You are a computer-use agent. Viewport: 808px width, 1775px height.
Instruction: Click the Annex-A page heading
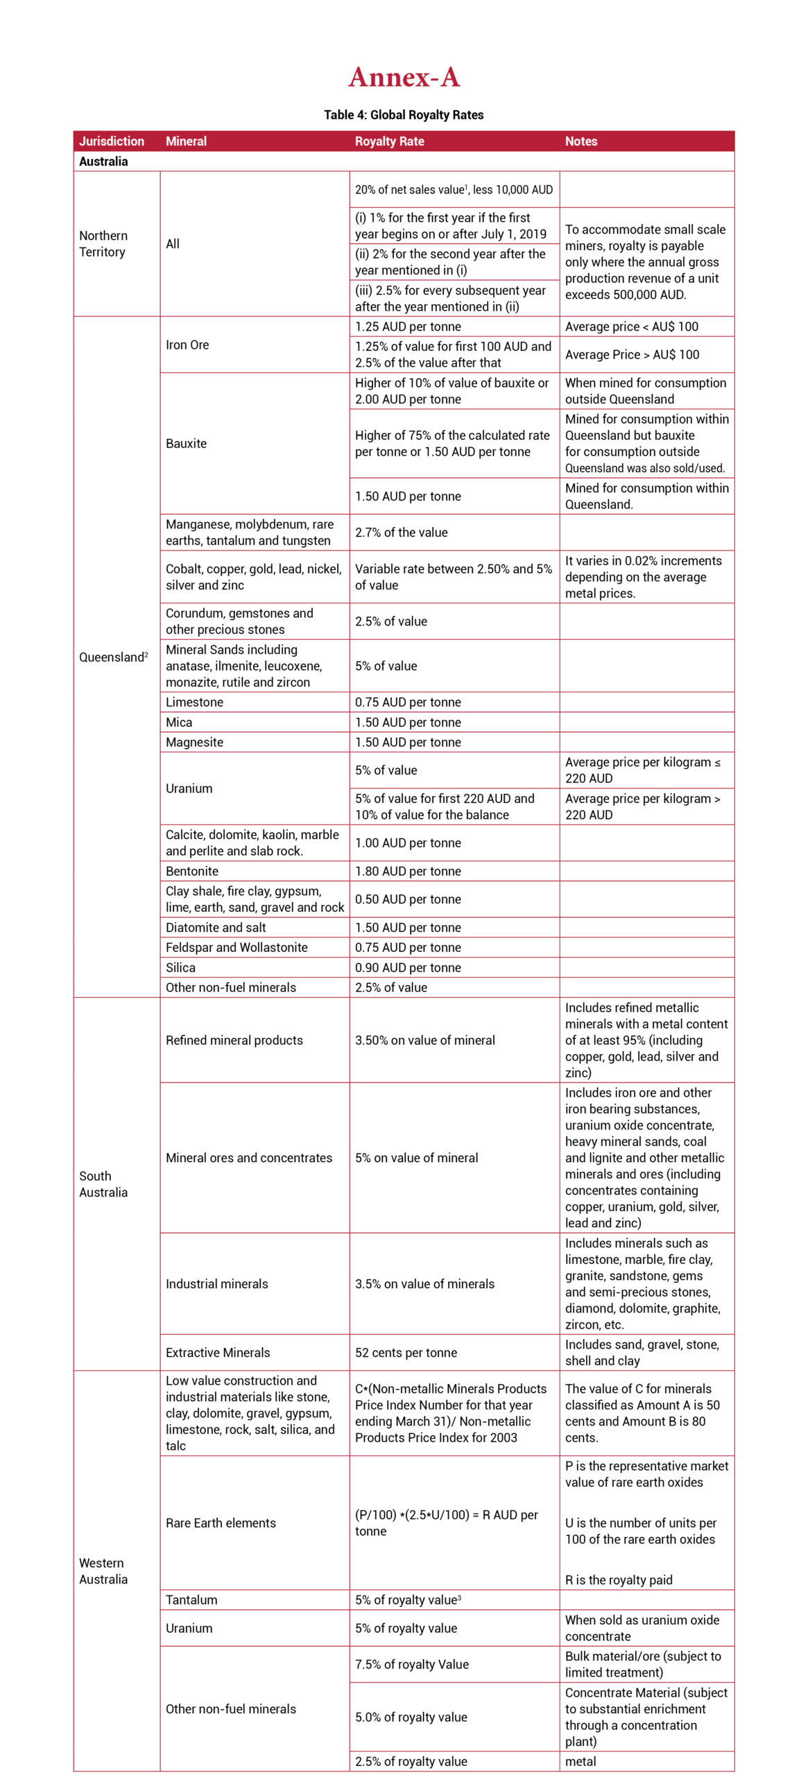pos(404,77)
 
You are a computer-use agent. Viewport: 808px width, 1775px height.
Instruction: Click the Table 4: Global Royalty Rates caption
pos(404,115)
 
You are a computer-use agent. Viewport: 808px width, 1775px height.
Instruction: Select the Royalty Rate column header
pos(389,141)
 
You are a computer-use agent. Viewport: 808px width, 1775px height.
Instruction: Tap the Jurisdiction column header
pos(112,141)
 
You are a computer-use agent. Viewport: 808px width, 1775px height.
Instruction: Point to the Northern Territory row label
pos(103,244)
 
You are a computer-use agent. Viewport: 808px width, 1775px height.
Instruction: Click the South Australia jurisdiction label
pos(103,1184)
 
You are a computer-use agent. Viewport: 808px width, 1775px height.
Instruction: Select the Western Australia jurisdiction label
pos(103,1571)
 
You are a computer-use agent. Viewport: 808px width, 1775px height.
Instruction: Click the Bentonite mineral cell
pos(192,872)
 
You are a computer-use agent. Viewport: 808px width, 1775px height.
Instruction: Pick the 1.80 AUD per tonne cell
pos(408,872)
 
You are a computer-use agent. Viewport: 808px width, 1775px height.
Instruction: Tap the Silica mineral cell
pos(180,968)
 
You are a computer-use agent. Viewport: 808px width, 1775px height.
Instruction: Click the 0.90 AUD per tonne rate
pos(408,968)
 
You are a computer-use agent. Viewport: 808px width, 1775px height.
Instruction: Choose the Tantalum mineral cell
pos(191,1600)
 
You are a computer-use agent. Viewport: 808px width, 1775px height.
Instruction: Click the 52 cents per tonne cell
pos(406,1353)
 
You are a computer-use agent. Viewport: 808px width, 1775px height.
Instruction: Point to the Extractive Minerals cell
pos(218,1353)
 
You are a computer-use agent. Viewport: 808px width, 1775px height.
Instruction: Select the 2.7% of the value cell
pos(402,532)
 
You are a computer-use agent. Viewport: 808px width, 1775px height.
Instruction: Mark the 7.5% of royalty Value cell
pos(412,1665)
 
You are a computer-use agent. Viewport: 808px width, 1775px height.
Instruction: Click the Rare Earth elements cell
pos(221,1523)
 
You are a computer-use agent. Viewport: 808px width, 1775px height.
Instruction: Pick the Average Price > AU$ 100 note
pos(632,355)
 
